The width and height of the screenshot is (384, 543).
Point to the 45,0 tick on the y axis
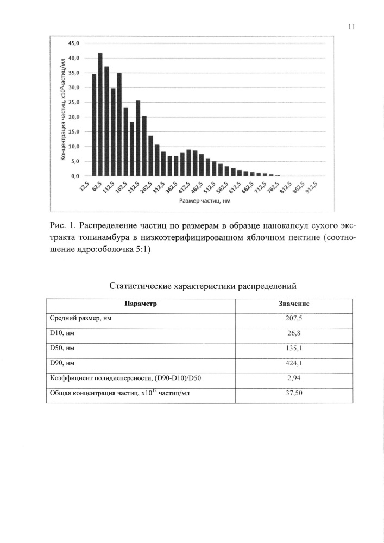[x=73, y=43]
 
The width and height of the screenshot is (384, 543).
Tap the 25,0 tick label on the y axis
[x=73, y=102]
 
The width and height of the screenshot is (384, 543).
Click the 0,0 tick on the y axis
[x=74, y=176]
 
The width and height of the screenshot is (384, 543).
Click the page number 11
[x=350, y=27]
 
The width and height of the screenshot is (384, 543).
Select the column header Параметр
[x=141, y=304]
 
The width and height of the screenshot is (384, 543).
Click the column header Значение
[x=294, y=304]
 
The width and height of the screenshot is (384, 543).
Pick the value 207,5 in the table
[x=294, y=319]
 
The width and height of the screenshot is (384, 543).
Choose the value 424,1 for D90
[x=294, y=363]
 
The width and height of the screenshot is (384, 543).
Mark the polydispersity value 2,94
[x=294, y=378]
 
